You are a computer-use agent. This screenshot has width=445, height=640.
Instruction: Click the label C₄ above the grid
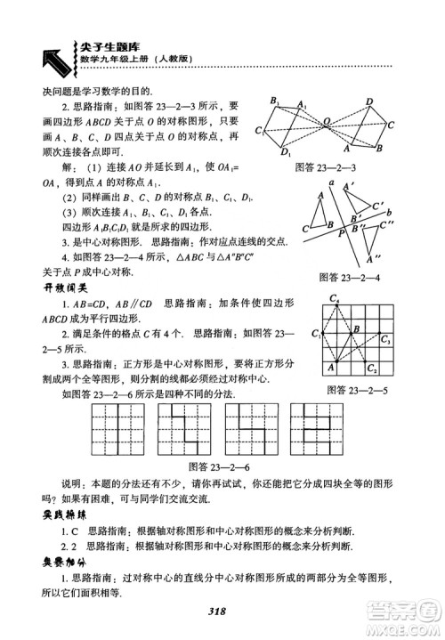(334, 298)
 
